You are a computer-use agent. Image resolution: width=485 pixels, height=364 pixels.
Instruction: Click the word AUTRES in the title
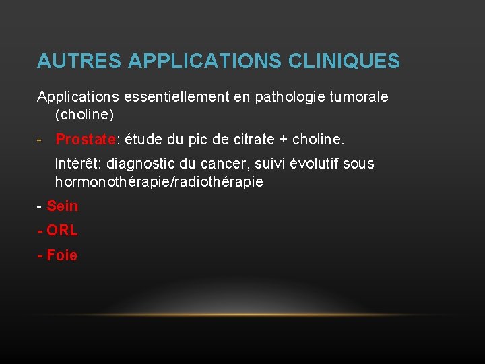tap(79, 61)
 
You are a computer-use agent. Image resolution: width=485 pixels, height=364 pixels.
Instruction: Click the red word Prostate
tap(86, 140)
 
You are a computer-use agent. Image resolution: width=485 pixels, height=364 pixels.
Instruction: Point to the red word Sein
tap(63, 206)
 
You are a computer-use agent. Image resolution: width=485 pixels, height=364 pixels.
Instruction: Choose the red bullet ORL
tap(62, 231)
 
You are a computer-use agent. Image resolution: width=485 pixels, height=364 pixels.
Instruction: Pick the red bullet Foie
tap(62, 255)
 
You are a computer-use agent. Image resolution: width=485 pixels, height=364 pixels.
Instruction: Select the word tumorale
tap(360, 97)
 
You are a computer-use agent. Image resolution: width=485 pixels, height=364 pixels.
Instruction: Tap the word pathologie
tap(290, 97)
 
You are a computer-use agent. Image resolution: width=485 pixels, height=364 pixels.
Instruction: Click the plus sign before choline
tap(284, 140)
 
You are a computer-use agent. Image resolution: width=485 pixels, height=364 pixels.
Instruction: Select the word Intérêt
tap(78, 164)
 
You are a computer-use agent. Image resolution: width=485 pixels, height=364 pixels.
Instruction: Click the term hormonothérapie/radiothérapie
tap(159, 182)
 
